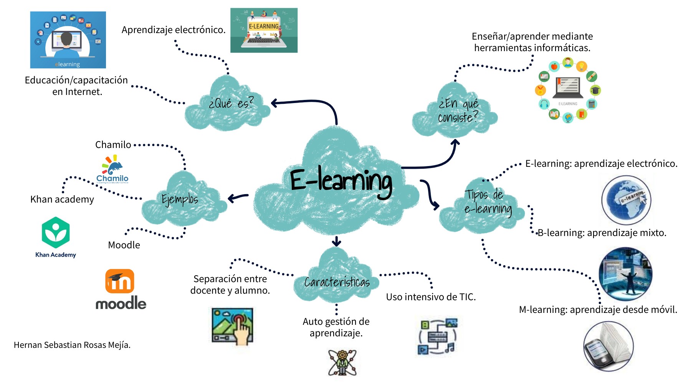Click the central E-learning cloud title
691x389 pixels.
click(x=341, y=181)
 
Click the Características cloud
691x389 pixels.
click(x=337, y=282)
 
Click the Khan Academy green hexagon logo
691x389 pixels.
click(x=56, y=232)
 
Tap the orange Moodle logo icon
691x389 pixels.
click(x=120, y=281)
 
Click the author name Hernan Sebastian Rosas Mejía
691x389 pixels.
click(x=72, y=345)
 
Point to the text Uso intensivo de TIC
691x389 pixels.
click(x=431, y=297)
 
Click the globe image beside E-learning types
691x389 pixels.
click(x=626, y=200)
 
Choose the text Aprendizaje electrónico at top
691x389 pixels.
click(x=174, y=30)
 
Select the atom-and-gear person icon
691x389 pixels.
click(x=342, y=362)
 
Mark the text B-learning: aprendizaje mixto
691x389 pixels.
click(x=602, y=233)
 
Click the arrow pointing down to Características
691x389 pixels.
click(x=337, y=241)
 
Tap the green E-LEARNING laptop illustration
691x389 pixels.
click(x=264, y=30)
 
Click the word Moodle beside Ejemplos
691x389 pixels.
click(x=124, y=245)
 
